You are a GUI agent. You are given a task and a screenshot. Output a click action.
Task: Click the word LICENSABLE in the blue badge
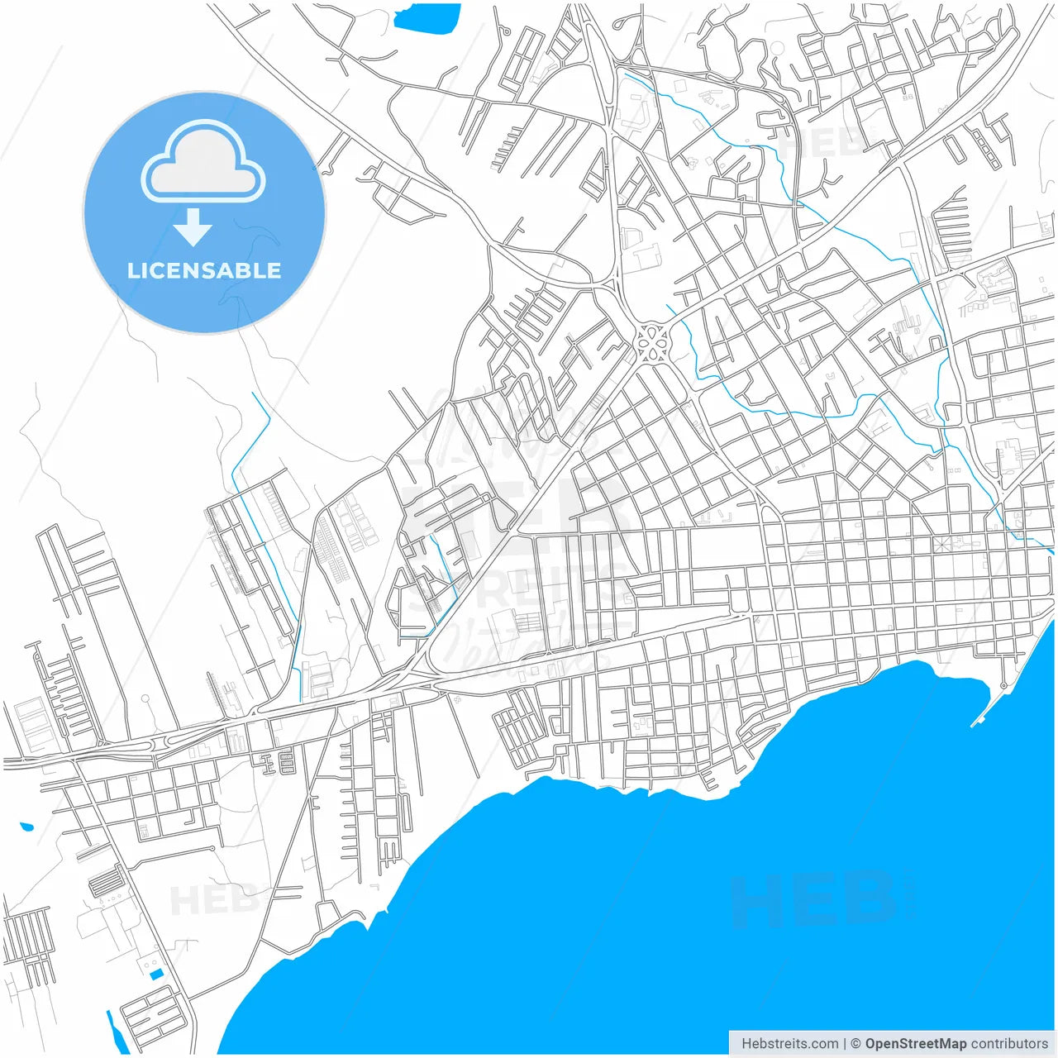(203, 270)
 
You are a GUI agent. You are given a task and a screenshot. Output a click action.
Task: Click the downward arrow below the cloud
(193, 227)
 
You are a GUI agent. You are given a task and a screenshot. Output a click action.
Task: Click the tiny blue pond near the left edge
(26, 826)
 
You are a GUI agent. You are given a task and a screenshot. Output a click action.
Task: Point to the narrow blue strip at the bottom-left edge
(113, 1025)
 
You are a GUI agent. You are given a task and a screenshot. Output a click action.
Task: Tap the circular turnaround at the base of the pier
(1003, 685)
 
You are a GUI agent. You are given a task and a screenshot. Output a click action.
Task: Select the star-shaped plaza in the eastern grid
(943, 545)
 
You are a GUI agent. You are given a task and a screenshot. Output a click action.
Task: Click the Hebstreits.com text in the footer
(789, 1044)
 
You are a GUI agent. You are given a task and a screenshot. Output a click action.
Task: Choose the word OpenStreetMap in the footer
(915, 1044)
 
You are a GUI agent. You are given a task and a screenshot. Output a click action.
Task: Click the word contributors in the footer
(1009, 1044)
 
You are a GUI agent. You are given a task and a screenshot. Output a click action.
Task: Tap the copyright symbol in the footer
(855, 1044)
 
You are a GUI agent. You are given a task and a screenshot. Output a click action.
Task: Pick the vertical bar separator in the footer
(844, 1044)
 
